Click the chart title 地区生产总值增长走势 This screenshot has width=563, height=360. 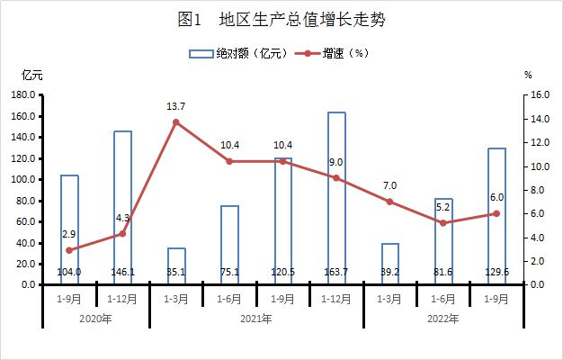click(281, 19)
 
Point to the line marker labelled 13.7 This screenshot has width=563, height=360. click(176, 121)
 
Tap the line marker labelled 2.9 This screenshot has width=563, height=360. click(69, 250)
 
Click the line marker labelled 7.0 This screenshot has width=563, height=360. click(389, 202)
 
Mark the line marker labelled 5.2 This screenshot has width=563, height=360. click(443, 222)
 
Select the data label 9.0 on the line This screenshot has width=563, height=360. click(336, 162)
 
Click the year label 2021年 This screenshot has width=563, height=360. click(256, 319)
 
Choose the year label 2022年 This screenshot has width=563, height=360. click(443, 319)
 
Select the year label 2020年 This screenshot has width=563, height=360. click(95, 319)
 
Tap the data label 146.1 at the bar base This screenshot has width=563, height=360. click(123, 271)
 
